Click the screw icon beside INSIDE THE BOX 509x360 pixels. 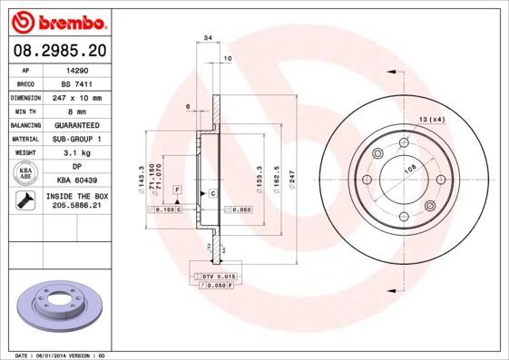(x=23, y=201)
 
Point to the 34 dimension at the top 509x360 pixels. (x=208, y=37)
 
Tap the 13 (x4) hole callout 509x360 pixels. (x=432, y=120)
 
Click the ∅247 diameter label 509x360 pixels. (x=291, y=178)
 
